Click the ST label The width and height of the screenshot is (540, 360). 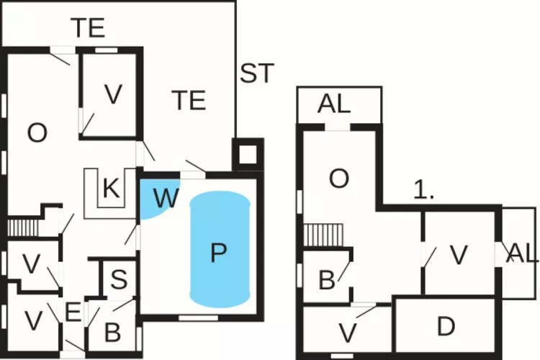[x=257, y=73]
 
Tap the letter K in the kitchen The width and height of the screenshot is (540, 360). [x=110, y=189]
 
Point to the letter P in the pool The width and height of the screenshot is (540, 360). [x=218, y=252]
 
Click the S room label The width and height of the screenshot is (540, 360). [x=118, y=277]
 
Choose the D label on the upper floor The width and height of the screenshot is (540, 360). [x=446, y=327]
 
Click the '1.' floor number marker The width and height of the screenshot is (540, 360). [x=425, y=190]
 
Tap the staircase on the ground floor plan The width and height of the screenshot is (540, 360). [x=22, y=228]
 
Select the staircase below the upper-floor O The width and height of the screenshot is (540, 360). [x=316, y=234]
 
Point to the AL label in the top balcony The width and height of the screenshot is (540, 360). [x=334, y=104]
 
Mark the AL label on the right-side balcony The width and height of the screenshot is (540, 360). [x=523, y=253]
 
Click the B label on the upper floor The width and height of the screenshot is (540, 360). [x=326, y=280]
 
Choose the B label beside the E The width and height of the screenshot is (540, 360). [x=112, y=333]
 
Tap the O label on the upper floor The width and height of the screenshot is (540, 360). [x=339, y=179]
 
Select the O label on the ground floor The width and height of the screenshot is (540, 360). [x=37, y=132]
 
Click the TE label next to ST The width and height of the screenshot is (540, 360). [x=189, y=100]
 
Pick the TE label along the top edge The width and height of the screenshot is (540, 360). [x=88, y=28]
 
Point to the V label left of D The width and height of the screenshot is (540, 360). [x=348, y=333]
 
